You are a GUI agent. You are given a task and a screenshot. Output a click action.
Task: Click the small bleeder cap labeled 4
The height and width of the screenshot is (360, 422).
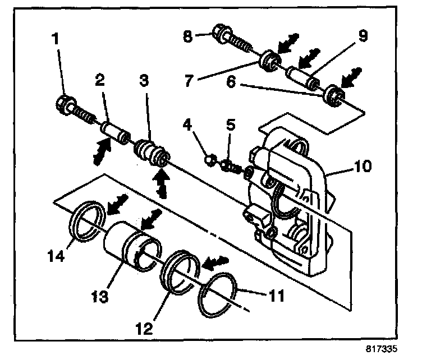[x=209, y=160]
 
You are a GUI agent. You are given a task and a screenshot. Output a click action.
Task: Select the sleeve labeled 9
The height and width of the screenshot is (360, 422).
[x=304, y=78]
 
